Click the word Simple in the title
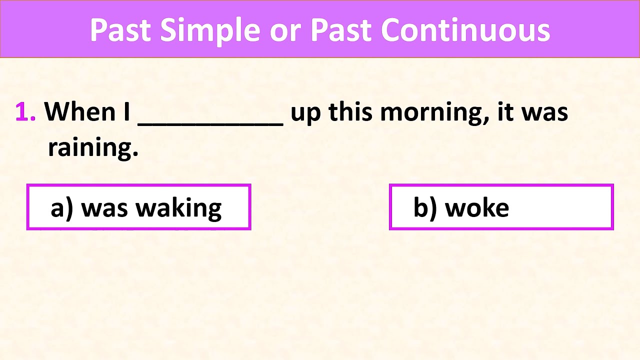pos(209,30)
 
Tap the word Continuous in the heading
pos(465,30)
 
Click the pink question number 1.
pos(24,112)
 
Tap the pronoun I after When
pos(127,111)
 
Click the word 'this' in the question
pos(351,111)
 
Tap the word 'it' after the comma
pos(506,111)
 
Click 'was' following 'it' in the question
pos(544,112)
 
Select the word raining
pos(92,148)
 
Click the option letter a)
pos(62,207)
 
